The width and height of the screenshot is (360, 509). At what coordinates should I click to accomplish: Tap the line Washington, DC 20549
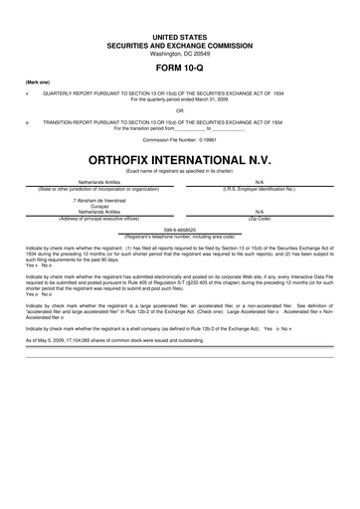(x=180, y=52)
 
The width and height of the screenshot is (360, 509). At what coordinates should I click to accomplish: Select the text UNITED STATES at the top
(x=180, y=36)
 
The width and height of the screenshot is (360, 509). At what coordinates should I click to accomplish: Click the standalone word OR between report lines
(x=180, y=110)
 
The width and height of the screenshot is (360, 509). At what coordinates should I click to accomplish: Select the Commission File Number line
(x=180, y=139)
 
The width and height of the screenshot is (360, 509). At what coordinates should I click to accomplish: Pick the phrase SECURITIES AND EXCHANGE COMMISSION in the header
(x=180, y=44)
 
